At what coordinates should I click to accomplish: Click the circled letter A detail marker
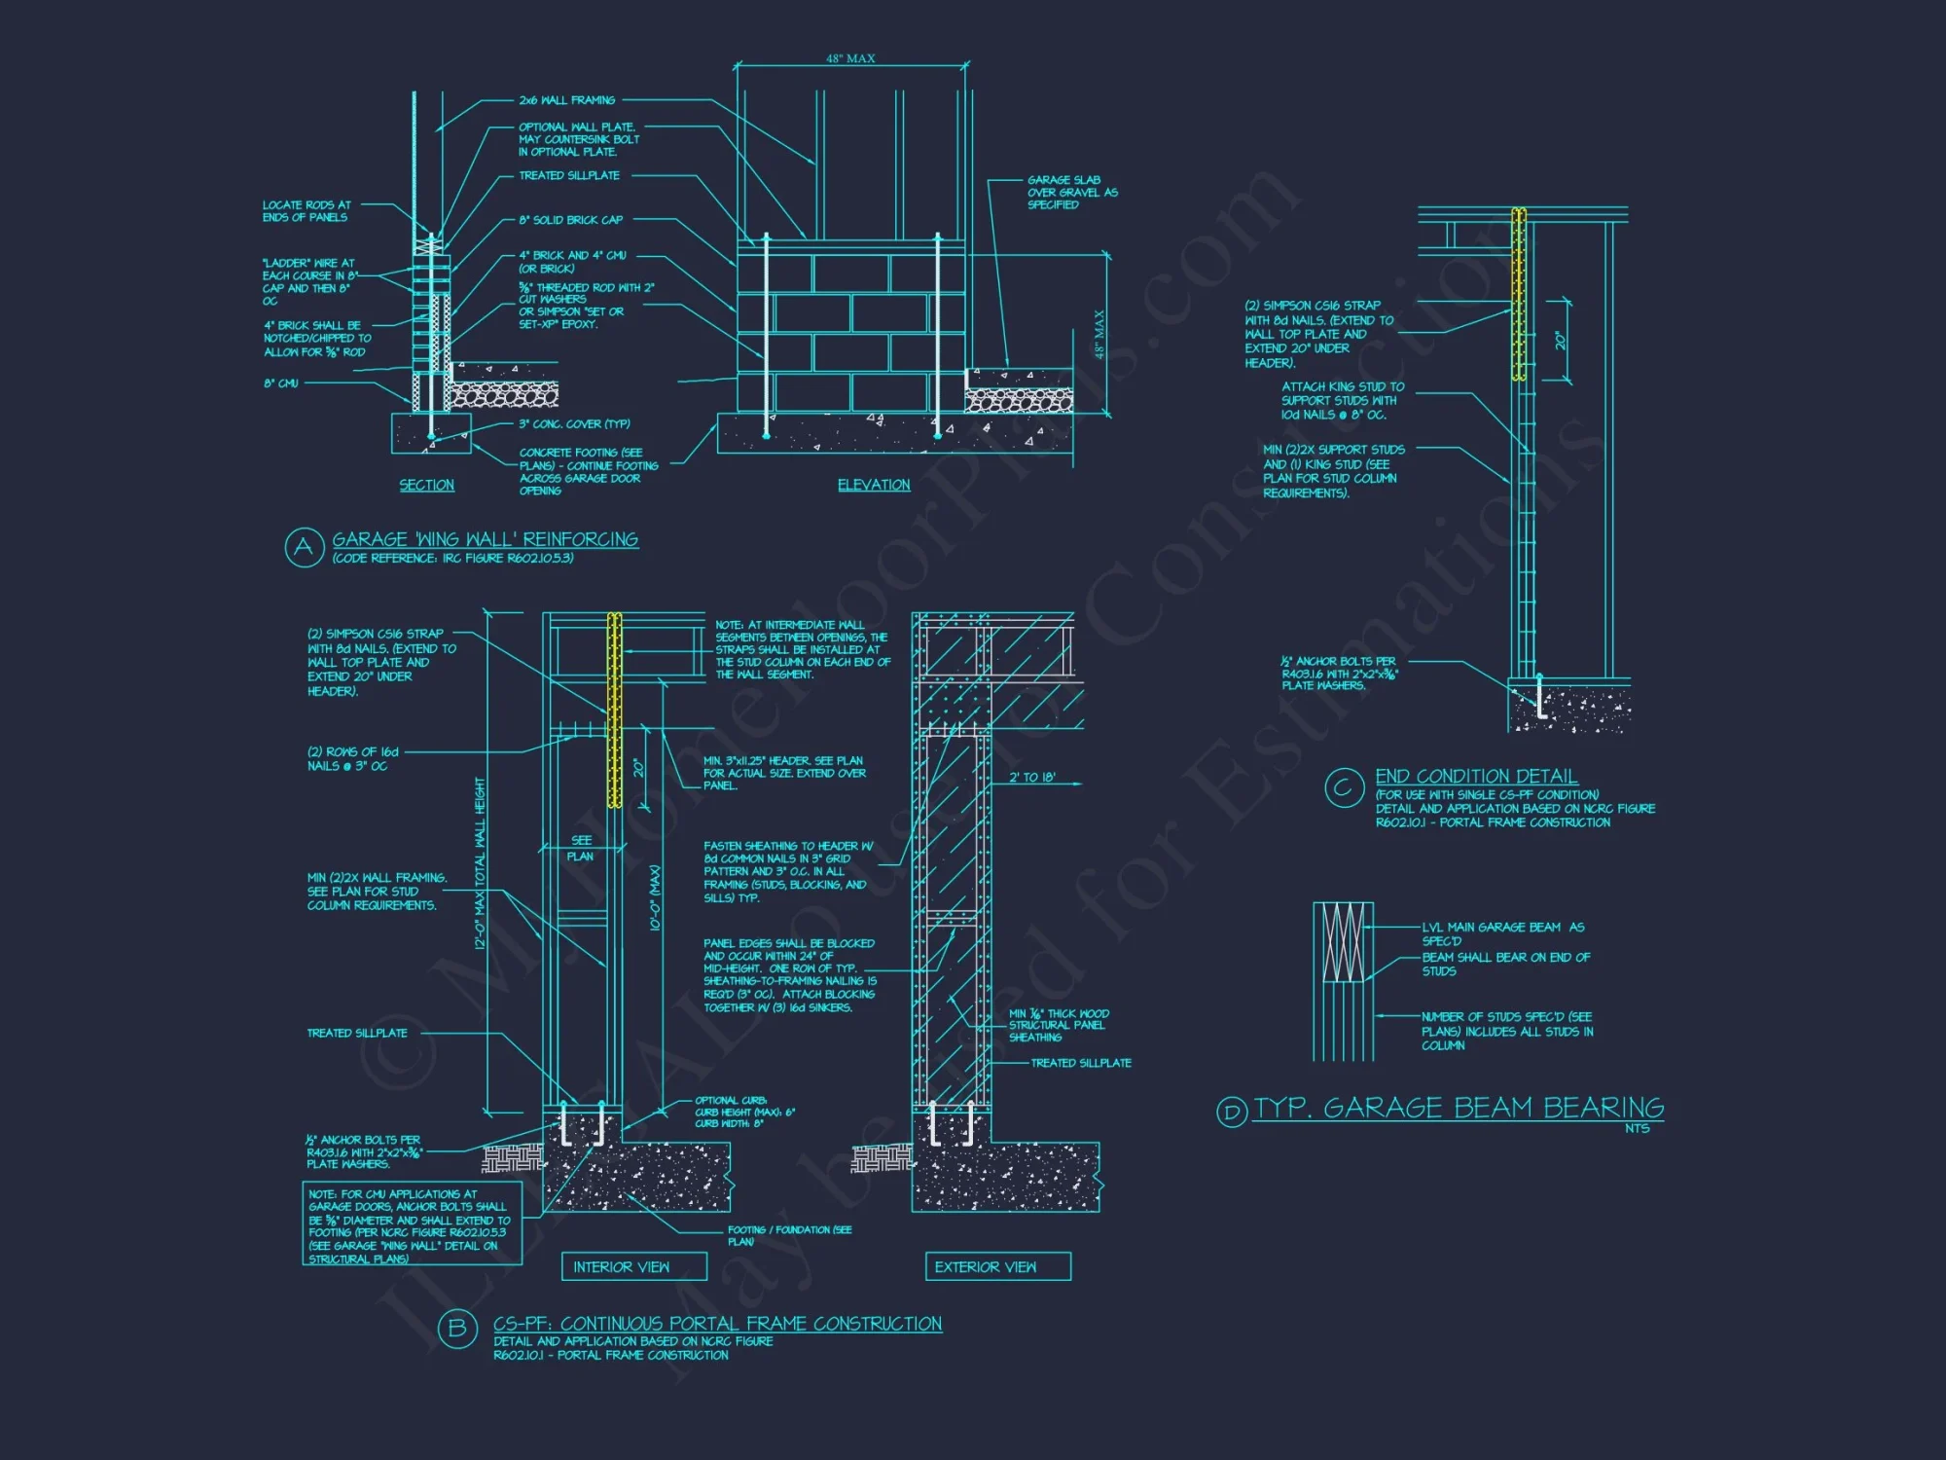[304, 547]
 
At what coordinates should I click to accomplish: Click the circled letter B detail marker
[456, 1329]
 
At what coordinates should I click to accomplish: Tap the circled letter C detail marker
[1344, 786]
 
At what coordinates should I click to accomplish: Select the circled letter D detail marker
[1232, 1112]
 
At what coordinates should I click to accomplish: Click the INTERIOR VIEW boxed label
[621, 1266]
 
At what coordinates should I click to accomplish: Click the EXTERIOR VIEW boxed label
[985, 1266]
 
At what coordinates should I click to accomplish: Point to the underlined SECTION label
[426, 485]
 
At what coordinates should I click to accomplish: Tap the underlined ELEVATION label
[874, 485]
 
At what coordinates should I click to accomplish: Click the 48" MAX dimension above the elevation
[850, 59]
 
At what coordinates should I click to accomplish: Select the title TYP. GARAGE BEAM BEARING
[1459, 1108]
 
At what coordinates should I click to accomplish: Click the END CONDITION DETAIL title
[1476, 776]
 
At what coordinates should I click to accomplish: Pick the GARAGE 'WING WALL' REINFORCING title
[485, 539]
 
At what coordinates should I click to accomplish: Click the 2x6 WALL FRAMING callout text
[566, 100]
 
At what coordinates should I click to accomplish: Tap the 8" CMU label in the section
[281, 383]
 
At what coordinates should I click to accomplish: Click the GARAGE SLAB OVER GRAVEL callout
[1072, 192]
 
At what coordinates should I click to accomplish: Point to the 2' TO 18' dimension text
[1031, 777]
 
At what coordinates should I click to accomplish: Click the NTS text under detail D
[1637, 1128]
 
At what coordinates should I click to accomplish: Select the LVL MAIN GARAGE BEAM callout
[1502, 933]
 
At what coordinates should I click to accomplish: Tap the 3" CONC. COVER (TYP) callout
[574, 424]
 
